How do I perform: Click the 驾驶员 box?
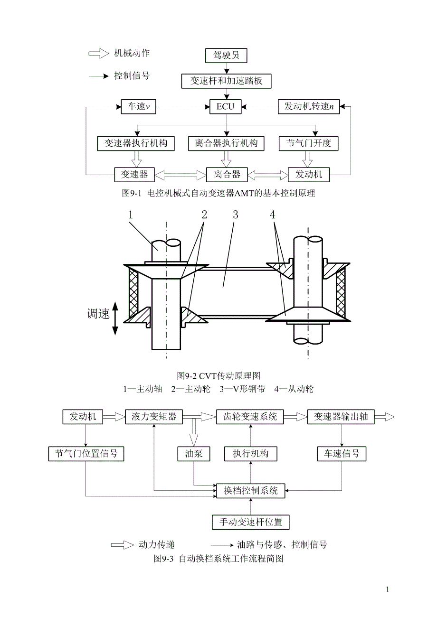tap(226, 56)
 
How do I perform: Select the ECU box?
tap(225, 107)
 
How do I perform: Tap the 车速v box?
tap(138, 107)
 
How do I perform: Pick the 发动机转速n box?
tap(309, 107)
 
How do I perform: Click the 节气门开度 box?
tap(309, 143)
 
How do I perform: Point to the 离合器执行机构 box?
tap(226, 143)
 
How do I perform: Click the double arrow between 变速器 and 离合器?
tap(180, 175)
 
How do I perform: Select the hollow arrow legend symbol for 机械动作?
tap(98, 54)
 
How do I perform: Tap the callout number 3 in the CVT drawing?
tap(235, 215)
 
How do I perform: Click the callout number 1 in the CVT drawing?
tap(131, 215)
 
